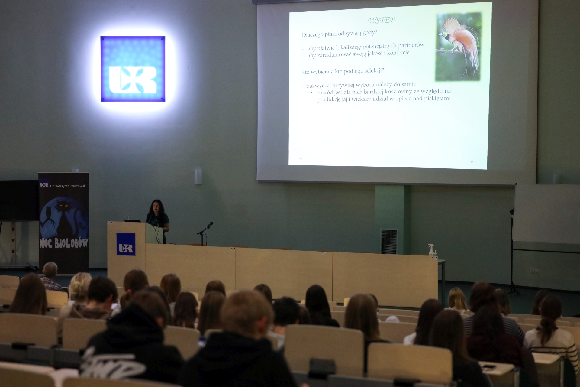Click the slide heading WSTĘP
[x=382, y=20]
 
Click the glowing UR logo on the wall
[x=133, y=69]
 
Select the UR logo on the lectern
[x=126, y=244]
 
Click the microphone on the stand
[x=208, y=226]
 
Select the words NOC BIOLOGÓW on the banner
[x=64, y=242]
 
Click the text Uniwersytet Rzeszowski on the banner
[x=68, y=186]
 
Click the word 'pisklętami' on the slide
[x=437, y=98]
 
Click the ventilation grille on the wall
[x=389, y=241]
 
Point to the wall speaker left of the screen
[x=198, y=176]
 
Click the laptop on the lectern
[x=133, y=220]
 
